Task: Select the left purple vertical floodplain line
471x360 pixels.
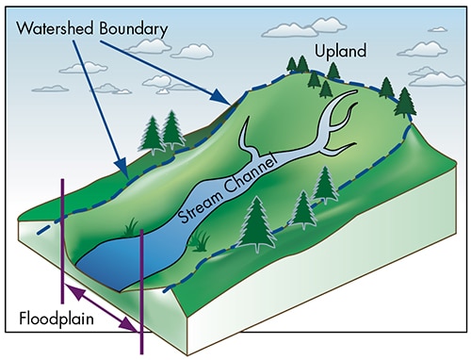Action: pyautogui.click(x=62, y=245)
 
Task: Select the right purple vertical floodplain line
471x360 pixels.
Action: pyautogui.click(x=141, y=283)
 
